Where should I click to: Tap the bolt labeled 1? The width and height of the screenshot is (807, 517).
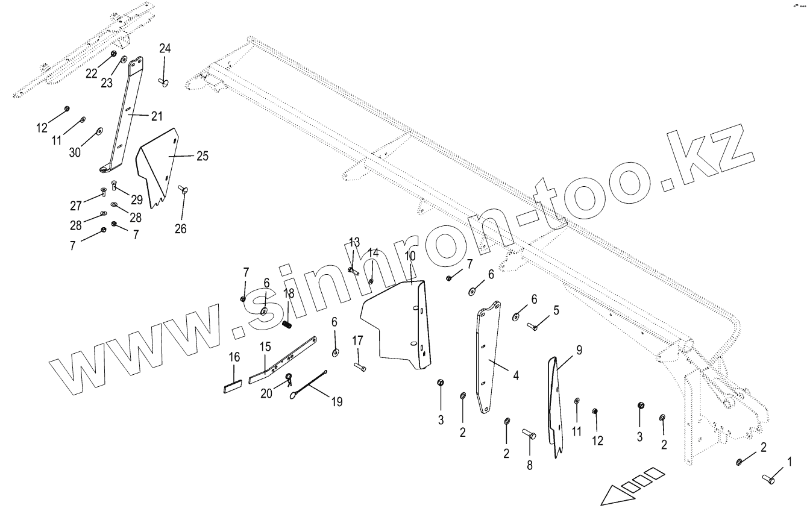pos(769,480)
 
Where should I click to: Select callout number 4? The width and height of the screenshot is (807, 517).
pos(516,375)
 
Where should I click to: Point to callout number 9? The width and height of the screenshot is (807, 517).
pos(579,349)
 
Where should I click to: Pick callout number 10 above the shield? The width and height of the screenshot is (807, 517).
pos(410,256)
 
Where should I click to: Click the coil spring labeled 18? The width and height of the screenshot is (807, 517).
pos(287,324)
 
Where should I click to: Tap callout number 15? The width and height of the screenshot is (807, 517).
pos(265,348)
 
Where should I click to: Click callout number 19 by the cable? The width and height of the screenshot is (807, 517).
pos(336,401)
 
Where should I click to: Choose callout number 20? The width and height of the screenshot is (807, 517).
pos(266,393)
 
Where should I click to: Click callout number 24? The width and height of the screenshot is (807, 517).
pos(165,49)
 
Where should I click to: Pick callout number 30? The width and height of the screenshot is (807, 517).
pos(75,152)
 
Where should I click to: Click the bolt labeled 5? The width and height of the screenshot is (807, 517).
pos(534,326)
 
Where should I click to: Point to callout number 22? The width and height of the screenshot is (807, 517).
pos(91,73)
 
